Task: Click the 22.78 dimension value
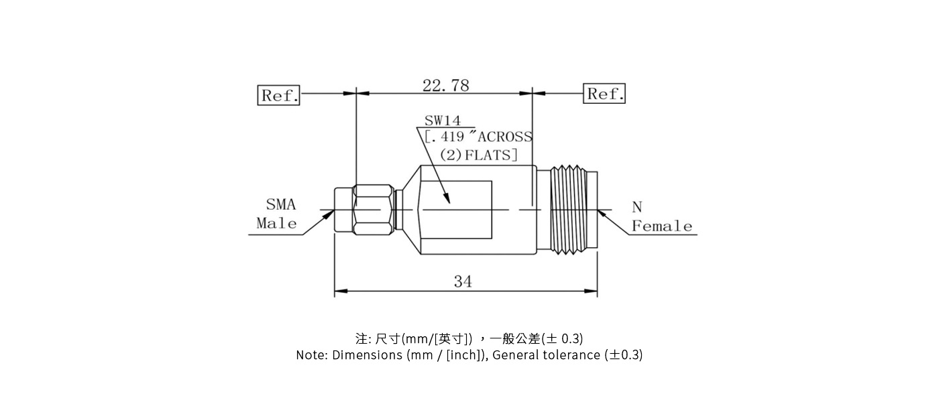[445, 85]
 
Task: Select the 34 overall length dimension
[463, 281]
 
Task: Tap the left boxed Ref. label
[279, 95]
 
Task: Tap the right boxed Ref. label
[605, 94]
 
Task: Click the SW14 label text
[442, 121]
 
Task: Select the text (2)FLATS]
[478, 155]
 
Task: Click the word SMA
[280, 205]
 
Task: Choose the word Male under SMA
[276, 223]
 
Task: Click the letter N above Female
[637, 208]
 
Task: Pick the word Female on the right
[661, 226]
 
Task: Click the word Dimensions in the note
[367, 355]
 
